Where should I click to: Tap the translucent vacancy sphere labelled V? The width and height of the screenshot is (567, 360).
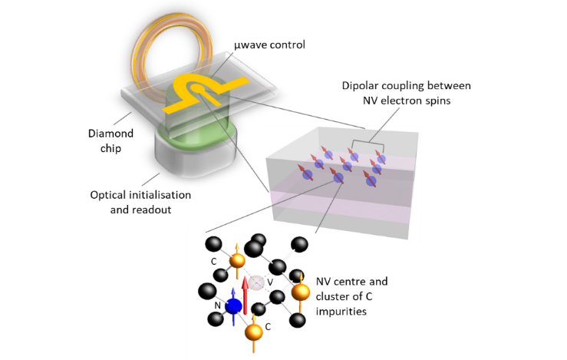pos(259,282)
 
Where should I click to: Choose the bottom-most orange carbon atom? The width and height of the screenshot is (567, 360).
pos(253,333)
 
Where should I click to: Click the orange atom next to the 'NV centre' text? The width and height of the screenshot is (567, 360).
pos(302,292)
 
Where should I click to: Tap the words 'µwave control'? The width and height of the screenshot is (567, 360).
pos(269,45)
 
